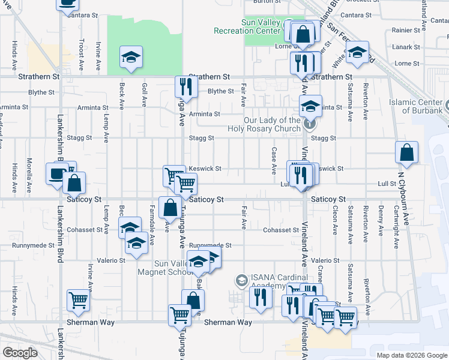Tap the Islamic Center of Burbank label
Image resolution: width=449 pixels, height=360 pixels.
coord(415,106)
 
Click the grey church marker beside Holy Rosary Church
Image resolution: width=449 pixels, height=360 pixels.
coord(309,125)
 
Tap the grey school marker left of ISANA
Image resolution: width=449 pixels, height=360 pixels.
coord(241,280)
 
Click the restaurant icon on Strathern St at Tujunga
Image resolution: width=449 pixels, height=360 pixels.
coord(185,86)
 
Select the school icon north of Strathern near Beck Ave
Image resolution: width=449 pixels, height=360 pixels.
coord(130,57)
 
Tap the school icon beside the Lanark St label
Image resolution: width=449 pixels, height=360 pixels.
coord(357,52)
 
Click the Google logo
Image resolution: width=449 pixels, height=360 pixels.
coord(20,353)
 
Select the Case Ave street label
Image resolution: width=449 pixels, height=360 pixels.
coord(274,158)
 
